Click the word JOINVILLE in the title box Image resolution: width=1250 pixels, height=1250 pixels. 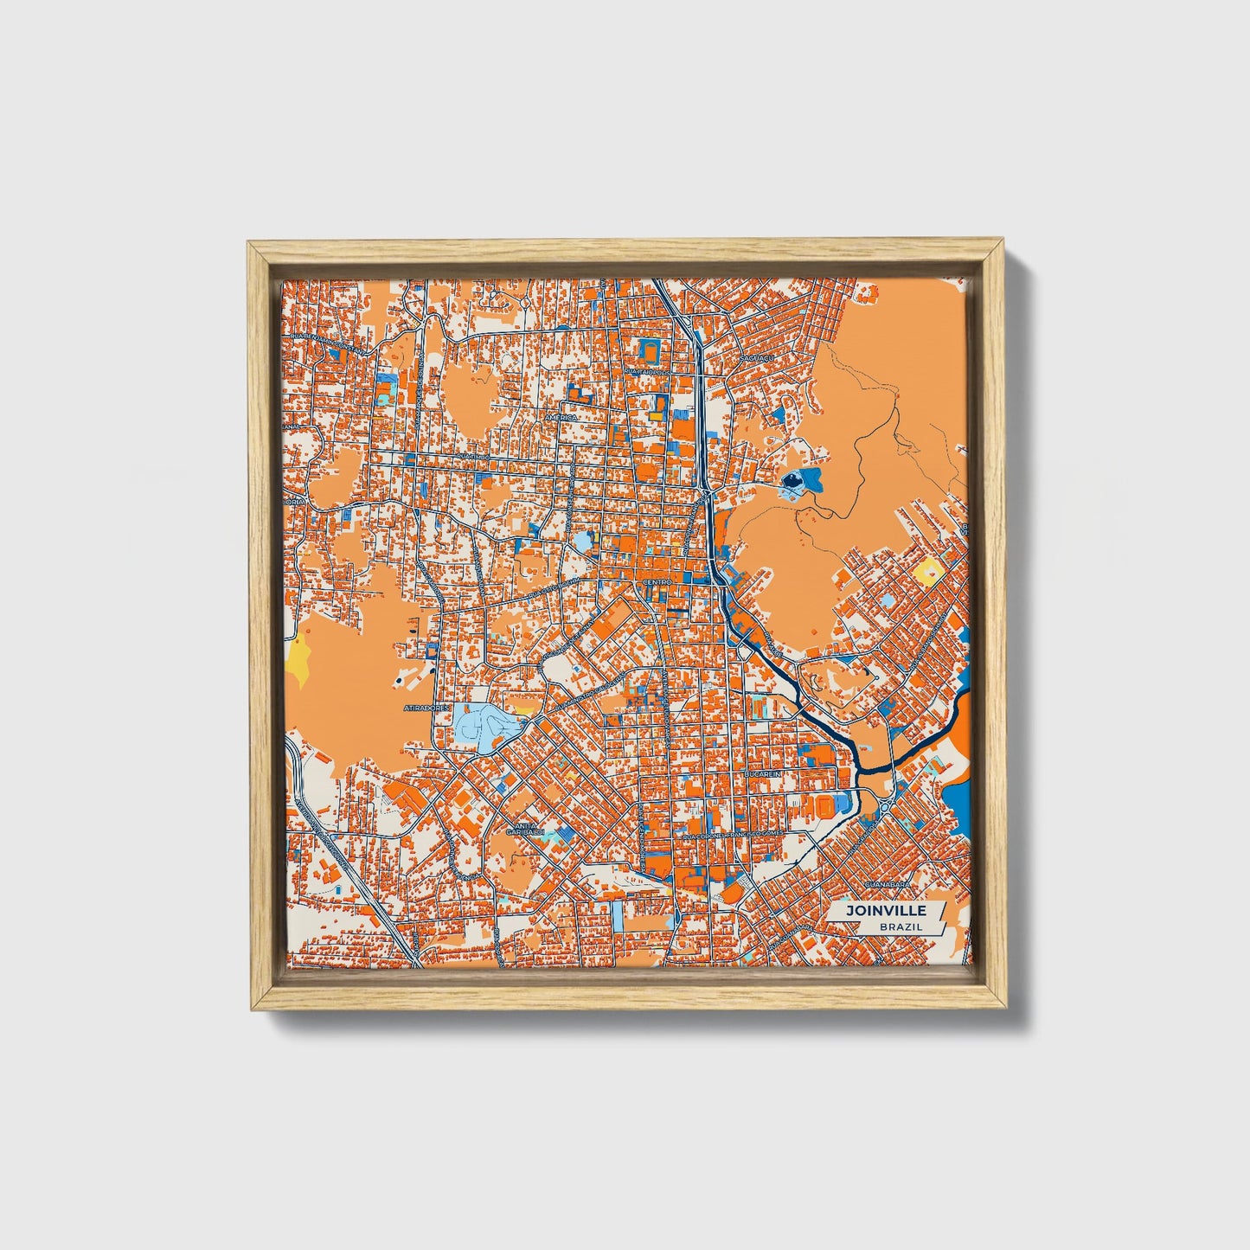886,911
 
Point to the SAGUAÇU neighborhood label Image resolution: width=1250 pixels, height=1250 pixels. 755,356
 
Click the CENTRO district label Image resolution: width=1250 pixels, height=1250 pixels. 657,583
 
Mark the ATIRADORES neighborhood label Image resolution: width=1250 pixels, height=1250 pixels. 427,708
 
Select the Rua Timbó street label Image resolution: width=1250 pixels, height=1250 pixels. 474,456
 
